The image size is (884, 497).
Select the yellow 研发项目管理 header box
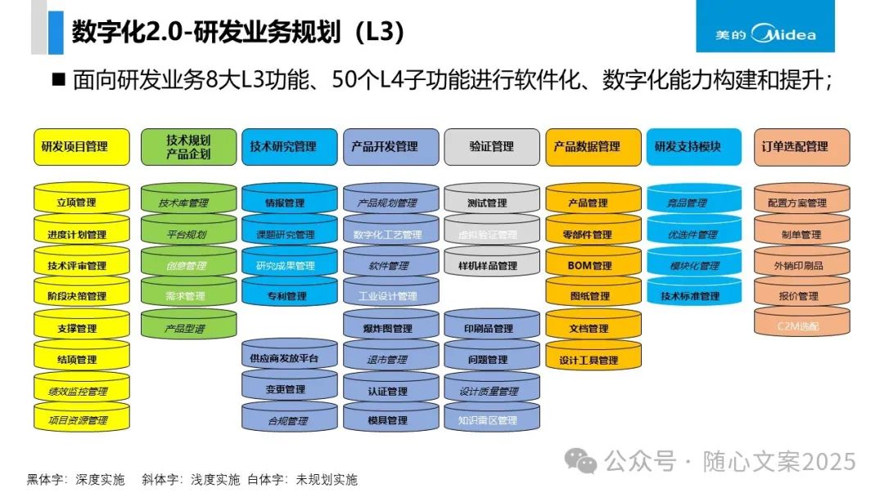(82, 147)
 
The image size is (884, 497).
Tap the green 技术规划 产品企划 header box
(188, 147)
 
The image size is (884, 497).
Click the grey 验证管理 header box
(492, 147)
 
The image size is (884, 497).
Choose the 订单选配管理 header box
(802, 147)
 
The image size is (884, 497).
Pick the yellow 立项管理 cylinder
(82, 203)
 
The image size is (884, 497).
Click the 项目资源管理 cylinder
(82, 420)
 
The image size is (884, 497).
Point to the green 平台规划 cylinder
(188, 235)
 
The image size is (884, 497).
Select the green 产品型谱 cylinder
(188, 327)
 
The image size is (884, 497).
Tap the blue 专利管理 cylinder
(290, 296)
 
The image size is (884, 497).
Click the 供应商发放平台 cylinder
(290, 359)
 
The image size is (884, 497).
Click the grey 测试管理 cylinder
(492, 203)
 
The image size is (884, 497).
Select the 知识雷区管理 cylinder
(492, 420)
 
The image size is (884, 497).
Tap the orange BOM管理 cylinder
(593, 266)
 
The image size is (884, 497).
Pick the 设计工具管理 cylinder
(593, 360)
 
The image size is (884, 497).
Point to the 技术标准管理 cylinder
(694, 296)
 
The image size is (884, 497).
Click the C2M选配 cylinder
(802, 326)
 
